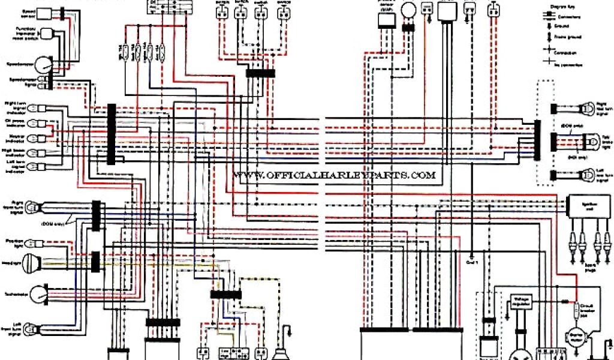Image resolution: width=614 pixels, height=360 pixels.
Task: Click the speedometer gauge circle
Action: (42, 65)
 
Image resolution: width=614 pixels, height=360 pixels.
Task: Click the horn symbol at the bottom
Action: (280, 352)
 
